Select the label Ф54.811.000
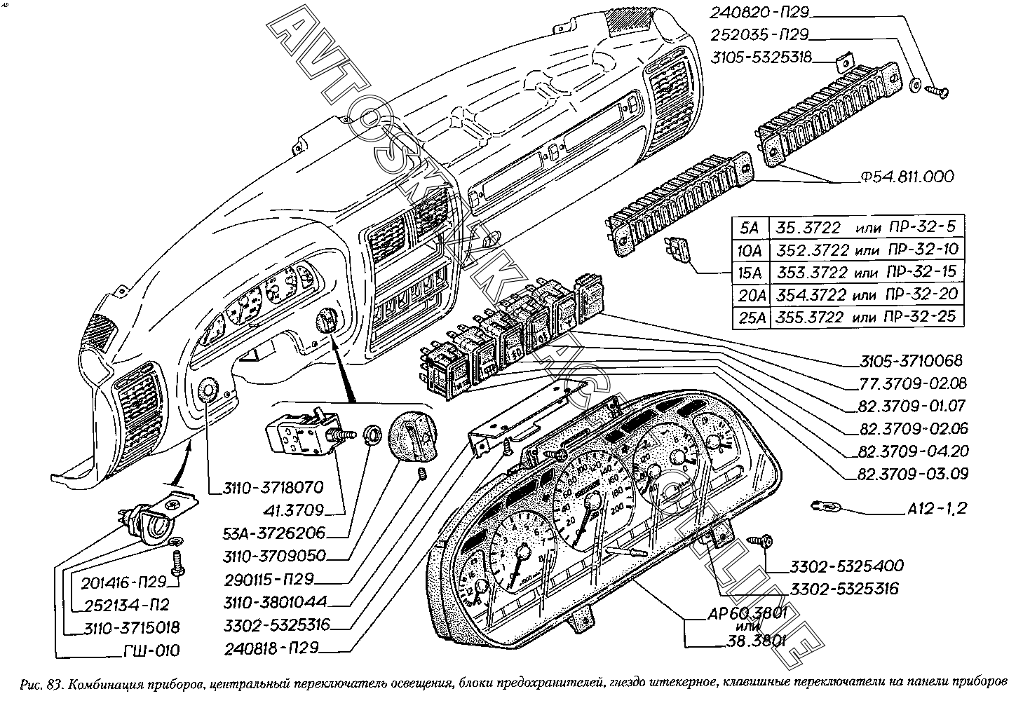coord(907,177)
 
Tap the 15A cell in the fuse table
coord(750,272)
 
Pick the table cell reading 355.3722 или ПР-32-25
coord(865,316)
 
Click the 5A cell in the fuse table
coord(750,227)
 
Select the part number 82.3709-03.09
coord(912,474)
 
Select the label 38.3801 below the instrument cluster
coord(759,640)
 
